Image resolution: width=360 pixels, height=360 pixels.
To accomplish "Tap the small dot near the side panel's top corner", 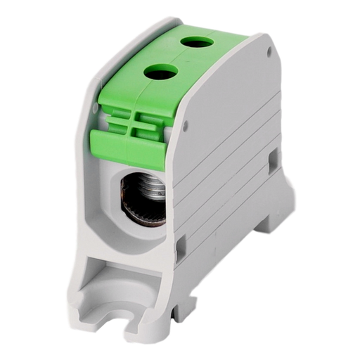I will click(270, 51).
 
